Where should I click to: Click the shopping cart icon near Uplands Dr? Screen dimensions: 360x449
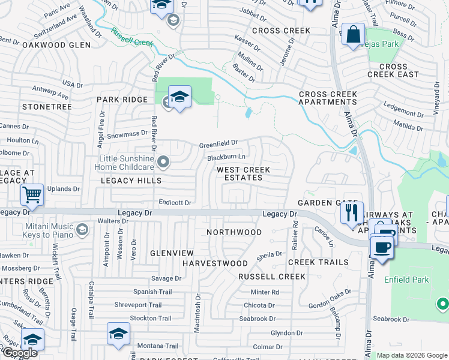click(32, 194)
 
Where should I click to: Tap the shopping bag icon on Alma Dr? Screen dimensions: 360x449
click(352, 34)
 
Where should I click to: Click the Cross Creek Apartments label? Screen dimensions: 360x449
click(328, 98)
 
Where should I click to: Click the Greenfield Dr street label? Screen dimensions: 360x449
click(219, 144)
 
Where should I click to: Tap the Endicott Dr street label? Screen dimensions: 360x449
click(175, 203)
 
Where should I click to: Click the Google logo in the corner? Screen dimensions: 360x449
click(20, 353)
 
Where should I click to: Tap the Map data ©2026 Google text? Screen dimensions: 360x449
click(412, 355)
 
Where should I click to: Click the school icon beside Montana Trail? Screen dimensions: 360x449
click(118, 334)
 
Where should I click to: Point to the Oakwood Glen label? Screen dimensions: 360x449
click(56, 45)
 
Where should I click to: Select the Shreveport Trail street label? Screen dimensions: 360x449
click(138, 305)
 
